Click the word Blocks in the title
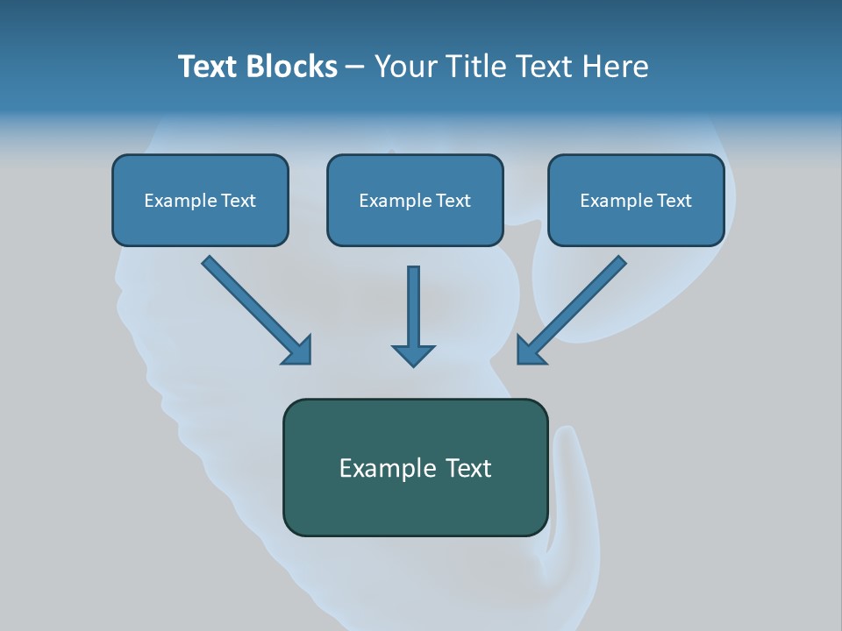290,67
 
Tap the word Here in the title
613,67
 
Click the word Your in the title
404,67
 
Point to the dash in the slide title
355,67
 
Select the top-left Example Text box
200,200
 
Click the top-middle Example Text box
415,200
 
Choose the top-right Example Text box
636,200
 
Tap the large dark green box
415,467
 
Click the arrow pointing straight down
413,311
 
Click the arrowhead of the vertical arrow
413,354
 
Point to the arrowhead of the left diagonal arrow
298,350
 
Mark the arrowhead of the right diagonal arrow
529,350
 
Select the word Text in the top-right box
674,201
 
